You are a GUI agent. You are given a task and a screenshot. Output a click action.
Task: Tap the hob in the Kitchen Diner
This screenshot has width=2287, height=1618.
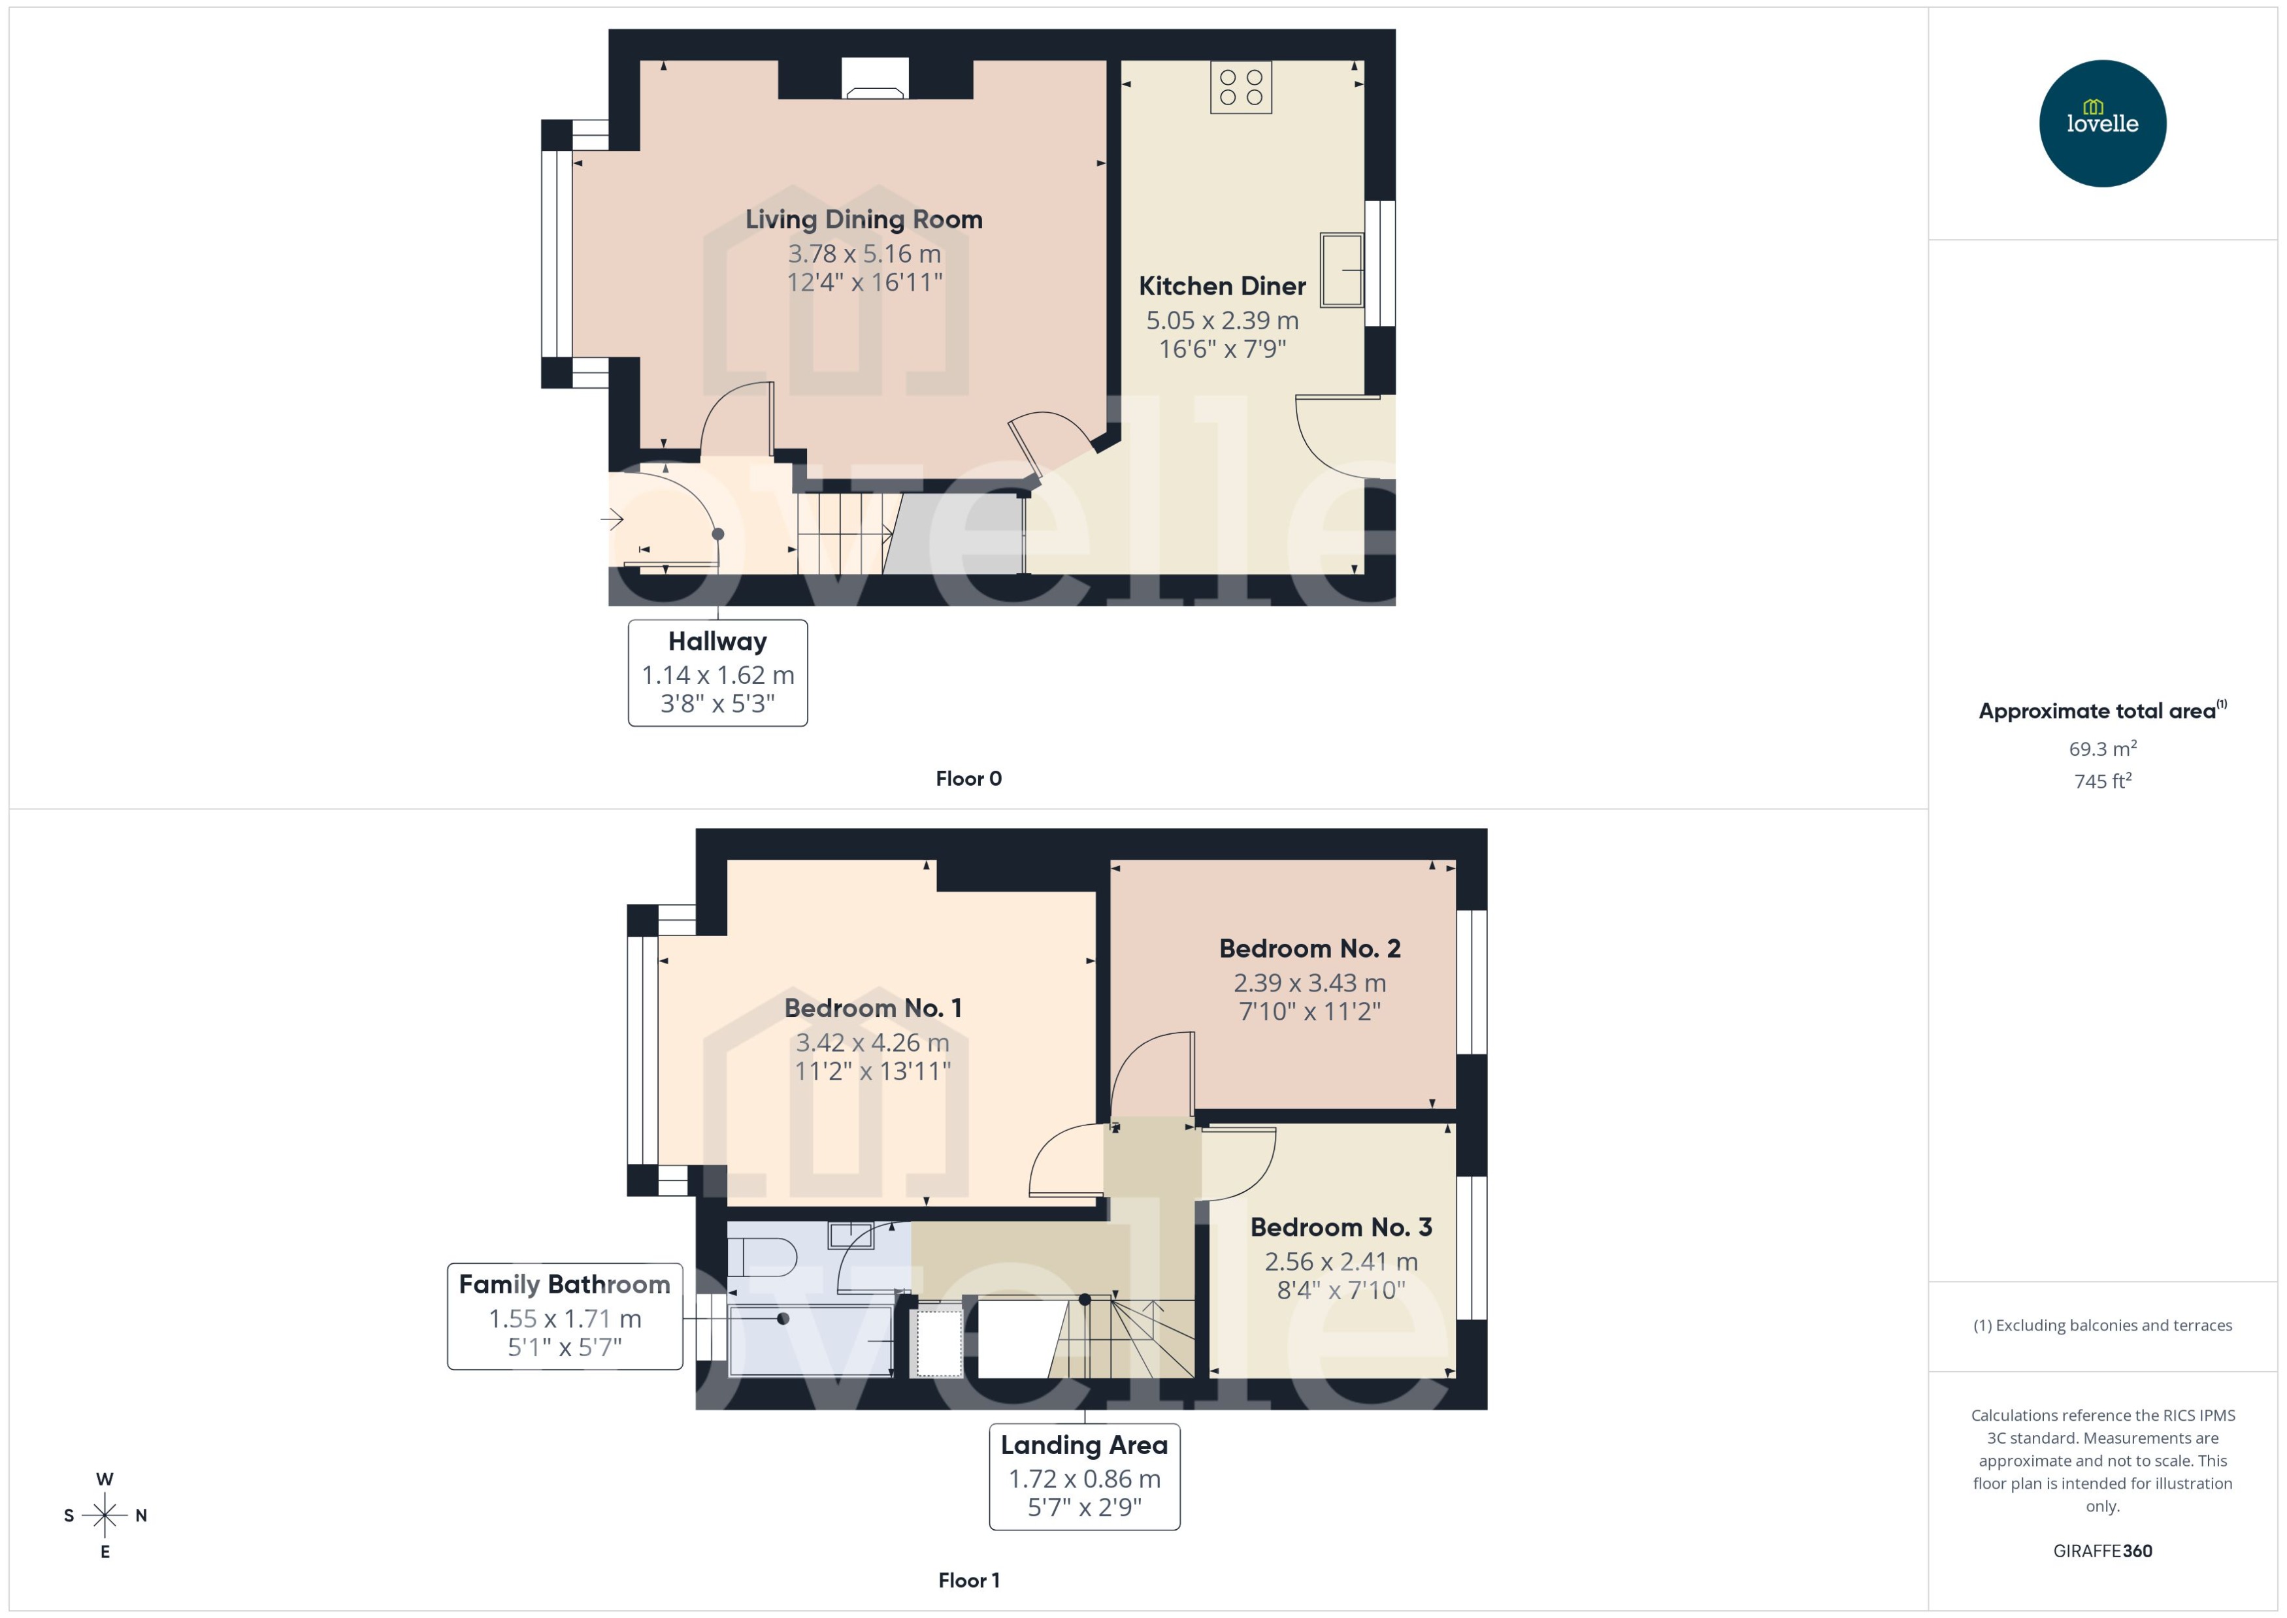pos(1241,88)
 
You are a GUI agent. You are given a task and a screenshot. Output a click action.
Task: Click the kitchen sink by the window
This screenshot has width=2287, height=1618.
pos(1341,269)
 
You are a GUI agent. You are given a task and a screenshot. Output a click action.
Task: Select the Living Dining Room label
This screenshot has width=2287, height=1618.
pos(864,219)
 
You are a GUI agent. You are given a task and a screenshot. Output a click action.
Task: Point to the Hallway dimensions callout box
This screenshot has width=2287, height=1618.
pos(717,673)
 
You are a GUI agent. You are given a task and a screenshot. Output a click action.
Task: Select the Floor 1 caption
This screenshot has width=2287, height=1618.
pos(968,1580)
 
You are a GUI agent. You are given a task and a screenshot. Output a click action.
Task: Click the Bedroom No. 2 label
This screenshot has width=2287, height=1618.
pos(1309,948)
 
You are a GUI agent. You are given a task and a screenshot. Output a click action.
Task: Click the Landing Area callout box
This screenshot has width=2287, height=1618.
pos(1084,1476)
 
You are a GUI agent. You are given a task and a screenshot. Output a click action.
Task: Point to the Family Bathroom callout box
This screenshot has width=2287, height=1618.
pos(564,1316)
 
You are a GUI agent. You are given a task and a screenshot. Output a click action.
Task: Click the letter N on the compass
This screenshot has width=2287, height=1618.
pos(142,1515)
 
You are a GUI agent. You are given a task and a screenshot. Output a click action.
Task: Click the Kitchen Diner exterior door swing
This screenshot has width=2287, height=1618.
pos(1336,438)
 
